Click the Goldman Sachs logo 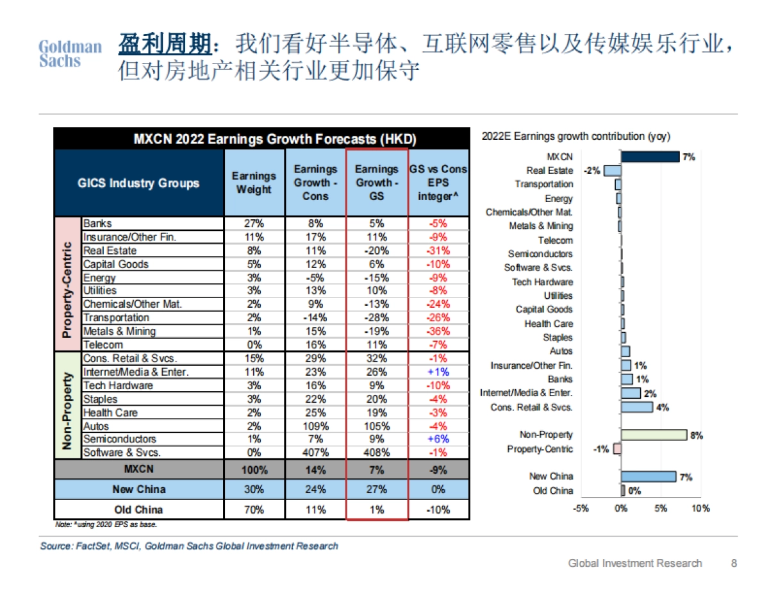tap(70, 54)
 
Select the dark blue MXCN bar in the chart tap(650, 156)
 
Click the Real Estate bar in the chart tap(613, 171)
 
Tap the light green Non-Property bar tap(654, 435)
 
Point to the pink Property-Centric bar tap(618, 449)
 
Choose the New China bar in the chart tap(649, 476)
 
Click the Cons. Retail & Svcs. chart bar tap(637, 407)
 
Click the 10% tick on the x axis tap(700, 508)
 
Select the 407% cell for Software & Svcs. tap(315, 453)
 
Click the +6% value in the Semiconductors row tap(439, 439)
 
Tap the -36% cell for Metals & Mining tap(439, 331)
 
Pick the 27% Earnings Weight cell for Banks tap(254, 224)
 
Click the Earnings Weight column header tap(254, 183)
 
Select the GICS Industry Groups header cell tap(138, 183)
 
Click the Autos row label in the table tap(96, 426)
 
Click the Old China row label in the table tap(138, 510)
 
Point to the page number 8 tap(734, 563)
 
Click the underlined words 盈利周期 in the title tap(165, 45)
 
